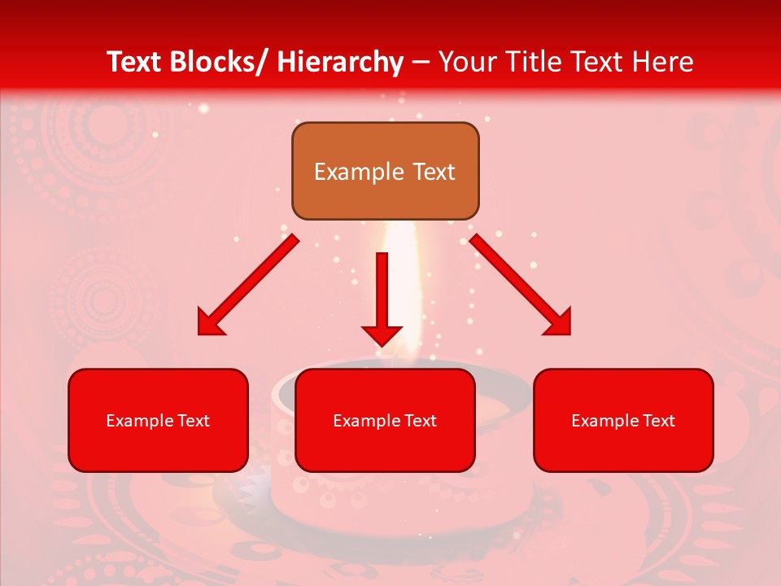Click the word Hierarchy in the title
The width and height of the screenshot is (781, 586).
(339, 62)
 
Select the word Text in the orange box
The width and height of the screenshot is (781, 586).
(433, 172)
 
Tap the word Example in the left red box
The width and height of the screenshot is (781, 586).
(135, 421)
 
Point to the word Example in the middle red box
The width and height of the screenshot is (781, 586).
(362, 421)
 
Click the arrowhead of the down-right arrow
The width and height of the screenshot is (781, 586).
(559, 323)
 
